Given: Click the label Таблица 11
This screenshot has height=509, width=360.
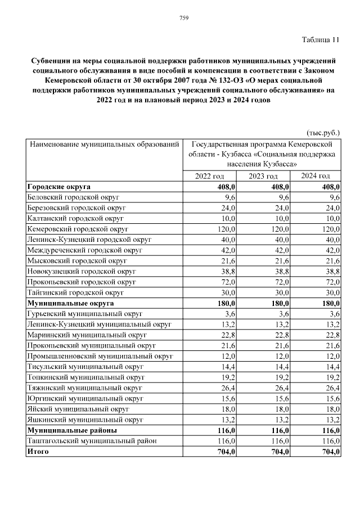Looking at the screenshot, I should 321,39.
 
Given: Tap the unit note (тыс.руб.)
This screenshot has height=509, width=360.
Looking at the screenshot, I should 323,133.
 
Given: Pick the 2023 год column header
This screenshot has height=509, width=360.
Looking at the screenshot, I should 264,176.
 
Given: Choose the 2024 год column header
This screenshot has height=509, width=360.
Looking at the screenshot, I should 316,176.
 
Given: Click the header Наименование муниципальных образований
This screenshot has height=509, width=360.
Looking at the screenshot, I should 104,145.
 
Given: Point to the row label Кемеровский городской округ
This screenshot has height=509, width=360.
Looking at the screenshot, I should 78,229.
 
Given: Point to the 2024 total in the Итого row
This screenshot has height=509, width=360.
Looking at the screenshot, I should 330,451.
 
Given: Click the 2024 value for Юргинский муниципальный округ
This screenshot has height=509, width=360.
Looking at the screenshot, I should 331,398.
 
